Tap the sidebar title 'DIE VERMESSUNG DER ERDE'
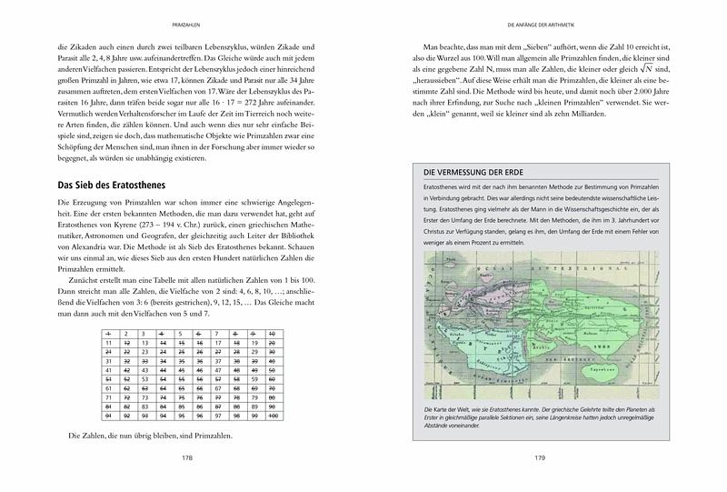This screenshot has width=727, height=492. [x=474, y=173]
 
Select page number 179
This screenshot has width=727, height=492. [x=541, y=458]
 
